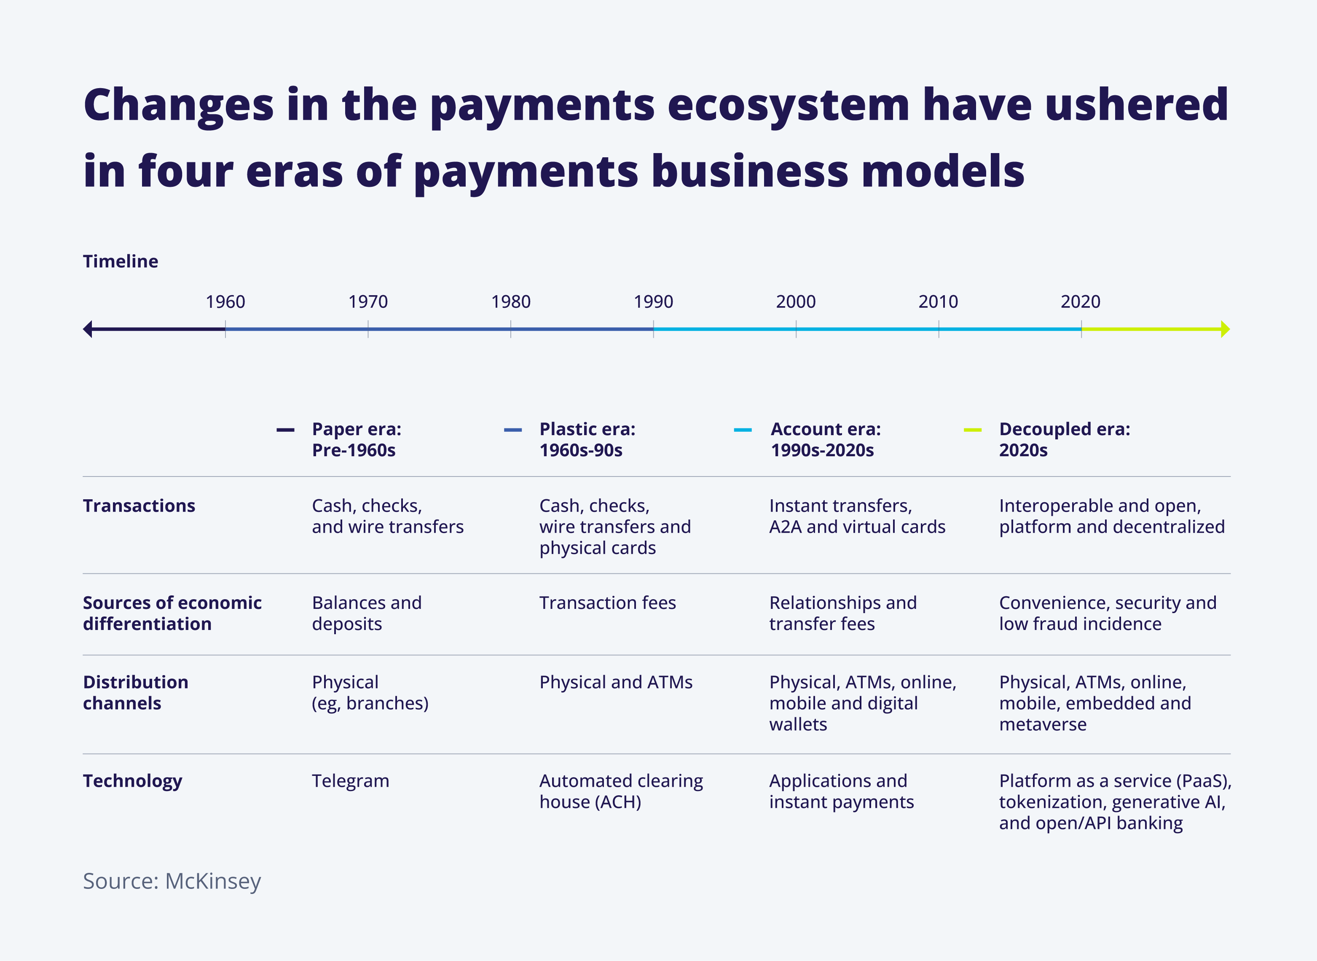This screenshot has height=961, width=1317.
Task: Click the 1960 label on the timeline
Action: [225, 301]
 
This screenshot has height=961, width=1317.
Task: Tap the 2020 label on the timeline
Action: [1080, 301]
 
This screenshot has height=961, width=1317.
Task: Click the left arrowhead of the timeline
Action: [88, 329]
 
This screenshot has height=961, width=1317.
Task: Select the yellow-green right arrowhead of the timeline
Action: [1225, 329]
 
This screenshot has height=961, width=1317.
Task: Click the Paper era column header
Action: [357, 439]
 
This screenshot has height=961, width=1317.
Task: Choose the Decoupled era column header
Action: [1065, 439]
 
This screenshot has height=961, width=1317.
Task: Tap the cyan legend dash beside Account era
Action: [743, 430]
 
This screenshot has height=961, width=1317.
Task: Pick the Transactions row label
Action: [139, 506]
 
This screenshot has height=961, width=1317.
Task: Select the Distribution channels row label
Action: [135, 692]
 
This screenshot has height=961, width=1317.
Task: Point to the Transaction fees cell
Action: [608, 603]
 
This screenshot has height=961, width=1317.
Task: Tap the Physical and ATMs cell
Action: [616, 682]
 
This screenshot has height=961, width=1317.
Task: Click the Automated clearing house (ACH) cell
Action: [621, 791]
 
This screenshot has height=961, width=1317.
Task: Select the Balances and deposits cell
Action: [367, 613]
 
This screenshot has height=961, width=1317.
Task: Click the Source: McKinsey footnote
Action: [172, 881]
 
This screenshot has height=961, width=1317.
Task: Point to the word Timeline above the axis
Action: [121, 261]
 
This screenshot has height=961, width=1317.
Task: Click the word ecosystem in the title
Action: [788, 106]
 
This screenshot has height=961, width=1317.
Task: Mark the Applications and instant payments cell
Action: [841, 791]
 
